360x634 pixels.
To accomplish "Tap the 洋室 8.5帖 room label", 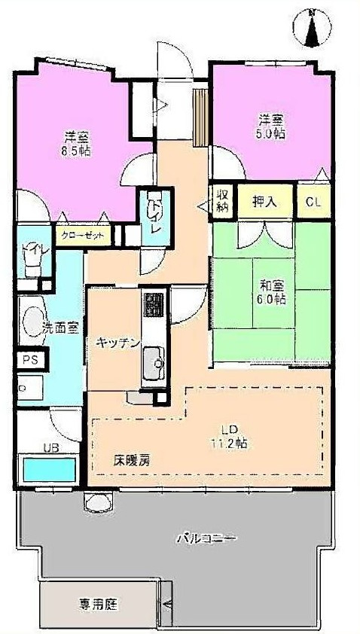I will pyautogui.click(x=76, y=143).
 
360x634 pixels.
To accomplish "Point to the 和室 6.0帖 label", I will pyautogui.click(x=272, y=292).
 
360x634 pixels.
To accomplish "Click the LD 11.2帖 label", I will pyautogui.click(x=228, y=436).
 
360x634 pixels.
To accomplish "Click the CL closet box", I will pyautogui.click(x=315, y=202).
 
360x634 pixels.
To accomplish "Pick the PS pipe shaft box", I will pyautogui.click(x=31, y=360).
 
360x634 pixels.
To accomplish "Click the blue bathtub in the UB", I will pyautogui.click(x=49, y=471).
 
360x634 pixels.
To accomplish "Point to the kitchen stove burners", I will pyautogui.click(x=154, y=305).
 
